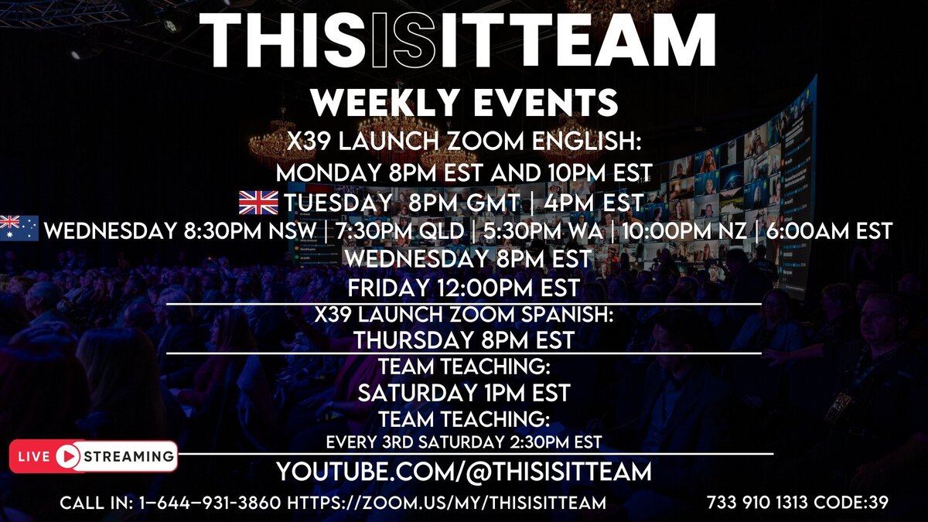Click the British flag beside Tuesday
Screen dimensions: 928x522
258,203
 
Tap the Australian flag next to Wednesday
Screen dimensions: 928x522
19,228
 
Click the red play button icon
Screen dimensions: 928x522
67,456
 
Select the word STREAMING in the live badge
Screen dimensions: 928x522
129,456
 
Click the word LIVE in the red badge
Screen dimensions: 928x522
34,456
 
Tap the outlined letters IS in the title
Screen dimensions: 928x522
404,39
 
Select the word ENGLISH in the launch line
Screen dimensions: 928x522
586,142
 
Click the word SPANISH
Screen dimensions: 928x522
567,315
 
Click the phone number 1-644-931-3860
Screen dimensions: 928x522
210,503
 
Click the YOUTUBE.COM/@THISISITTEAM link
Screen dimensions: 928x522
464,472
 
